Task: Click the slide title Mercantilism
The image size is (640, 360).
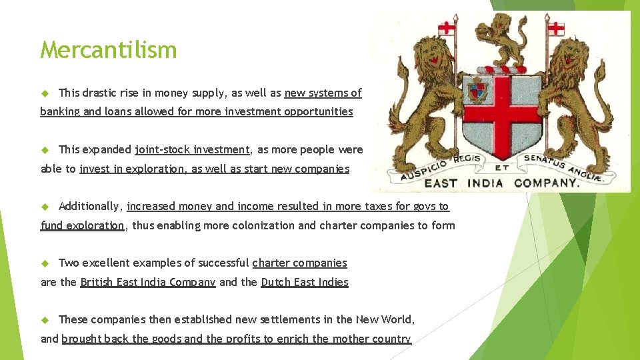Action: [109, 50]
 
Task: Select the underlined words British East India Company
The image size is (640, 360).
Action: [147, 282]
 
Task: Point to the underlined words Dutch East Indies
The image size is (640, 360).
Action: [305, 282]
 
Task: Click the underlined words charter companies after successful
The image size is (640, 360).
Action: [299, 263]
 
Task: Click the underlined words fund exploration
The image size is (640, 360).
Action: [83, 225]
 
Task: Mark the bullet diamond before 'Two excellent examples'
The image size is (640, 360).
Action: [46, 263]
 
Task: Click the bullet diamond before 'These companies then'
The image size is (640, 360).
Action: [46, 319]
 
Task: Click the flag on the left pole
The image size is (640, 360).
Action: [446, 28]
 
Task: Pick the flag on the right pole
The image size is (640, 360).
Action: [555, 28]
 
